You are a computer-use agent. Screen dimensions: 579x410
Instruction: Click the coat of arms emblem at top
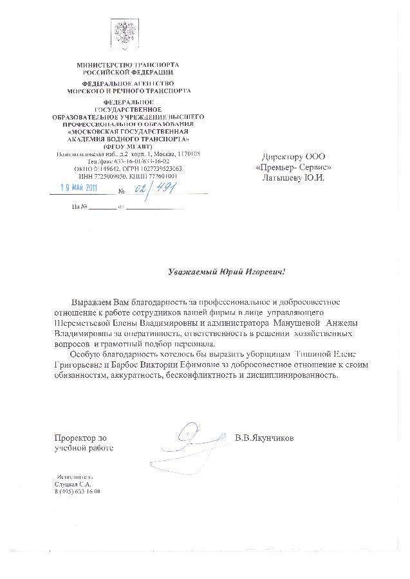click(121, 31)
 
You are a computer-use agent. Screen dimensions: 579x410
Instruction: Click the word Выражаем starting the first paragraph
click(91, 300)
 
